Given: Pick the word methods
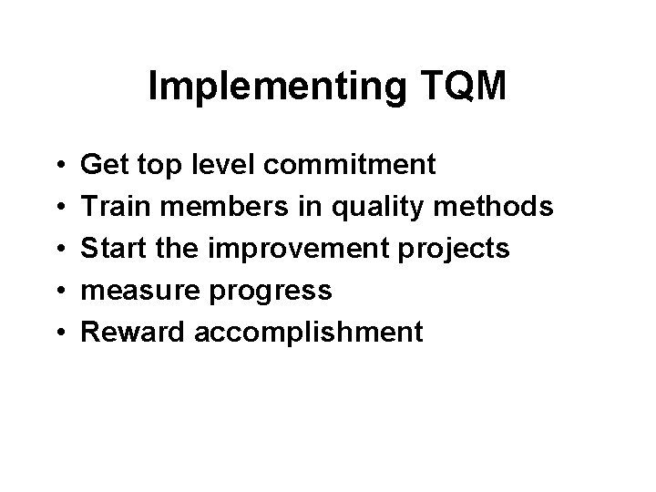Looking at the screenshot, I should point(497,207).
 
